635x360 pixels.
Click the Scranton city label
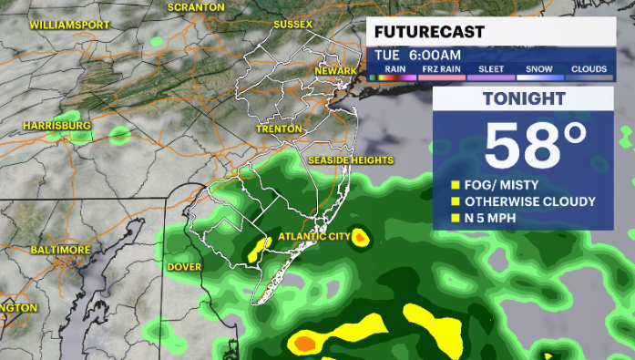pyautogui.click(x=195, y=6)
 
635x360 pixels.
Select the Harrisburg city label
pyautogui.click(x=57, y=125)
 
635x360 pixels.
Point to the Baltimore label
pyautogui.click(x=60, y=250)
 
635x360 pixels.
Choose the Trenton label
pyautogui.click(x=280, y=129)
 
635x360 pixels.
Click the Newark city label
pyautogui.click(x=335, y=71)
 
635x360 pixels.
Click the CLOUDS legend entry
pyautogui.click(x=589, y=68)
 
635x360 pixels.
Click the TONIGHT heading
pyautogui.click(x=524, y=99)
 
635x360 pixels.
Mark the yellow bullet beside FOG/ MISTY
pyautogui.click(x=456, y=185)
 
